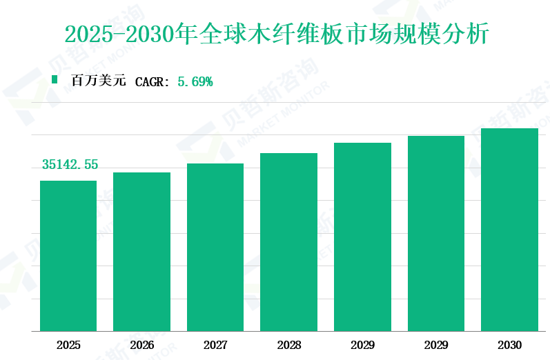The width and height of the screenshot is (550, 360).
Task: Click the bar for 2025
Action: click(x=68, y=256)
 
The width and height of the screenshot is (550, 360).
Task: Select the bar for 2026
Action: click(x=141, y=252)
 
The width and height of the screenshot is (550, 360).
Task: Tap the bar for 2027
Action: click(x=215, y=247)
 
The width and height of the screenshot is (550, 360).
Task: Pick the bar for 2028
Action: click(x=288, y=242)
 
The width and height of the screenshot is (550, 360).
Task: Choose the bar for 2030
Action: click(x=509, y=230)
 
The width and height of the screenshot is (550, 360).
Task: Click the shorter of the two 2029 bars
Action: click(x=362, y=237)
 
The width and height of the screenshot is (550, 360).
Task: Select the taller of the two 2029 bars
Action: click(x=435, y=233)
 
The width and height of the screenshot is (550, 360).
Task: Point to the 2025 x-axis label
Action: click(x=68, y=345)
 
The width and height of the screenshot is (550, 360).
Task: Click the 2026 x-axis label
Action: click(x=141, y=345)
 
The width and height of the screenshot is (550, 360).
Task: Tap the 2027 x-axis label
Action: click(x=215, y=345)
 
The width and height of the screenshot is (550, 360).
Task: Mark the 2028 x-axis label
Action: click(x=288, y=345)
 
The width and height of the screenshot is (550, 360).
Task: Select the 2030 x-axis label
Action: click(x=509, y=345)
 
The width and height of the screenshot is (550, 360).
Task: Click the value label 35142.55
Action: click(x=70, y=165)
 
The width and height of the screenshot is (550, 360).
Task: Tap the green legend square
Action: click(x=55, y=80)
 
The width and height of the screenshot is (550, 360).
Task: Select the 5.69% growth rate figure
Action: click(x=195, y=81)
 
